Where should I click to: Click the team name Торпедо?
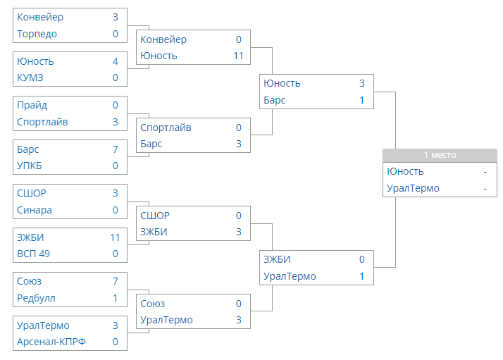[x=37, y=34]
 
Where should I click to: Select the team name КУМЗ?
[x=30, y=77]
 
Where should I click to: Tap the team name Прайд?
[x=32, y=106]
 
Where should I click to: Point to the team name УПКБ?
[x=30, y=166]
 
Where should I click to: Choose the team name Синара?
[x=35, y=210]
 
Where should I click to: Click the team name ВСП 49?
[x=33, y=254]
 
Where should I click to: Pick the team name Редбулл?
[x=36, y=299]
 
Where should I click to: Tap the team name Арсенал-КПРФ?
[x=51, y=342]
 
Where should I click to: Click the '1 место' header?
[x=440, y=155]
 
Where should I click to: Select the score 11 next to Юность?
[x=238, y=56]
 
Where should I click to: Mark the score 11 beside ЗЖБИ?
[x=115, y=237]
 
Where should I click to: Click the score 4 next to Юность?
[x=116, y=61]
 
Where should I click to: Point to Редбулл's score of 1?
[x=116, y=298]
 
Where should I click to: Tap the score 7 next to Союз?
[x=116, y=281]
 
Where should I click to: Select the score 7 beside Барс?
[x=116, y=149]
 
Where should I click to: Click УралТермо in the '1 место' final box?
[x=413, y=188]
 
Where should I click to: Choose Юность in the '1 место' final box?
[x=405, y=172]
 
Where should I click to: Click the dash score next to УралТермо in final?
[x=485, y=189]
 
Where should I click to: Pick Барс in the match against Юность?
[x=274, y=101]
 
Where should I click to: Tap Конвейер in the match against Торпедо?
[x=40, y=18]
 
